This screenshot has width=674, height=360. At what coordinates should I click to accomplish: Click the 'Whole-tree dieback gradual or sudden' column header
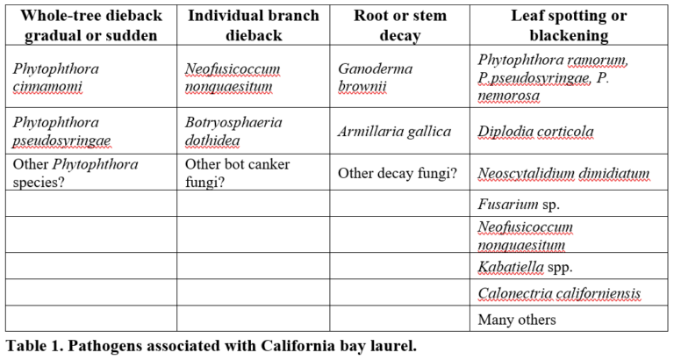tap(91, 25)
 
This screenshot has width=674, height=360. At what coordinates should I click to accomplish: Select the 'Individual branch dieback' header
tap(254, 25)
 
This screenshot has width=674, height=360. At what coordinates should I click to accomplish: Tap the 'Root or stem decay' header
tap(400, 25)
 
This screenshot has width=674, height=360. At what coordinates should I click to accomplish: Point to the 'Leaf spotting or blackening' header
tap(569, 25)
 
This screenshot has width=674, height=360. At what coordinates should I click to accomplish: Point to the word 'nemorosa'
tap(508, 95)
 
